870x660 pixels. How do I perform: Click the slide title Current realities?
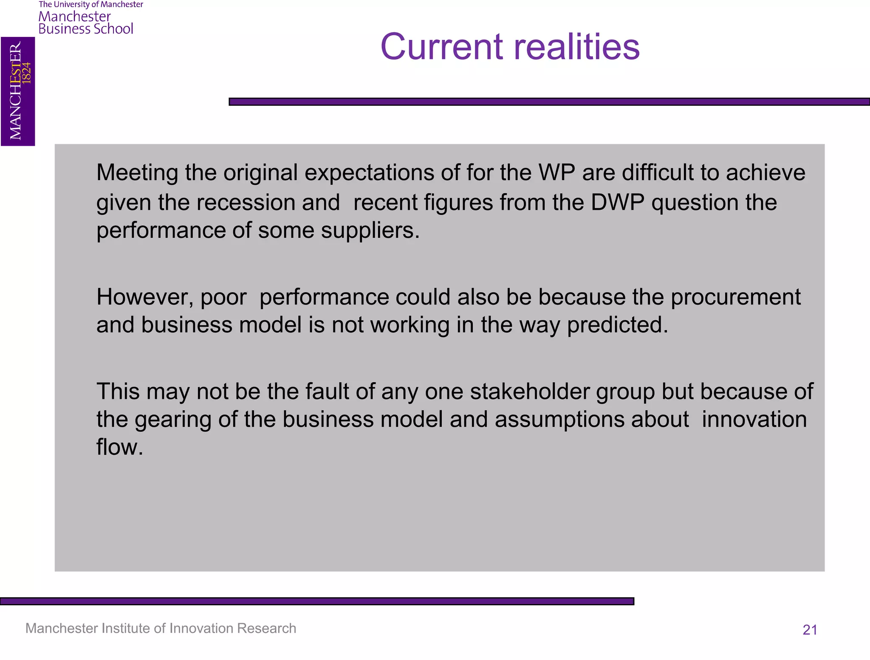point(510,47)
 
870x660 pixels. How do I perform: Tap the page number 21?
point(810,629)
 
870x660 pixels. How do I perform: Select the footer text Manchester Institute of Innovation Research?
point(161,628)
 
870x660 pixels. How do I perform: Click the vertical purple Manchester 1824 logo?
point(18,91)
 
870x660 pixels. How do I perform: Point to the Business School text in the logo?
point(86,29)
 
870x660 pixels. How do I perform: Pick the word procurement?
point(735,297)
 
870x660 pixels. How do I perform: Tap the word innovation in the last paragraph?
point(754,419)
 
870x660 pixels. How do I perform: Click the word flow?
point(119,447)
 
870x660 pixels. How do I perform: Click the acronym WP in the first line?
point(556,173)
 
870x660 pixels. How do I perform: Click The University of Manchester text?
point(91,5)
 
